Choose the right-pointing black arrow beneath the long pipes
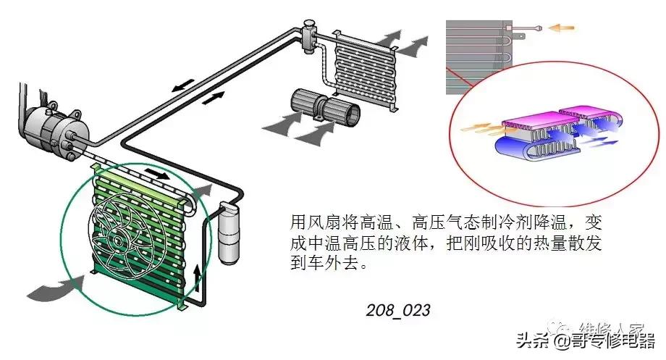(x=211, y=99)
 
